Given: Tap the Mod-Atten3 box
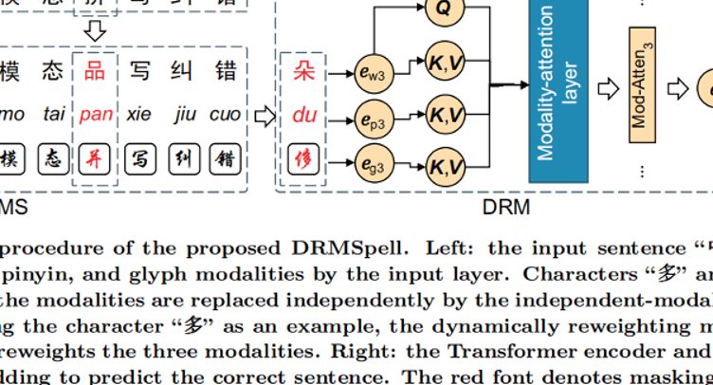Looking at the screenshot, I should point(642,85).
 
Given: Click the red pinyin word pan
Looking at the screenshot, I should point(96,116).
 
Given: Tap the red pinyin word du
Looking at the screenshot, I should point(303,116).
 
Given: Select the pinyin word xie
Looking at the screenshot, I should point(138,116).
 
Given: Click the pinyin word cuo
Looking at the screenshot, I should point(225,116).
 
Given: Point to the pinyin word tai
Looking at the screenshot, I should point(54,116).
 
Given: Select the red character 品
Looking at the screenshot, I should point(95,71).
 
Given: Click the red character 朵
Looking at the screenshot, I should point(303,71).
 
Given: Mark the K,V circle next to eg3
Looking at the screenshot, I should point(444,167).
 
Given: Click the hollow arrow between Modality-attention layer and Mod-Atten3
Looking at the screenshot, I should point(607,88).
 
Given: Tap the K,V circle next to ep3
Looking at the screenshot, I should point(444,116).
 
